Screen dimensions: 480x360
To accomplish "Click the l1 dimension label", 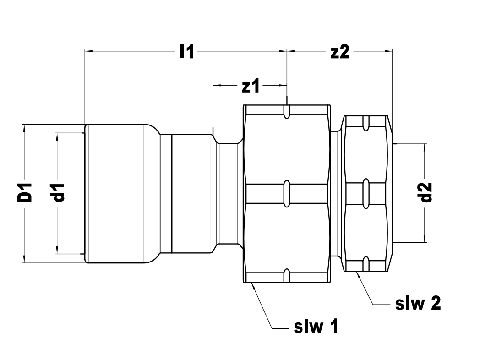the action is point(186,51).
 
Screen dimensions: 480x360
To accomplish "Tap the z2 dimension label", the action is point(340,52).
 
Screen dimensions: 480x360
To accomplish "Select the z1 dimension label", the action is point(251,86).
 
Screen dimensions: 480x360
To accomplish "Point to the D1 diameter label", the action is point(24,192).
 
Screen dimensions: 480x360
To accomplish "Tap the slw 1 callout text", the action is point(316,326).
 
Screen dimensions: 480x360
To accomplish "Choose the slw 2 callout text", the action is point(418,303).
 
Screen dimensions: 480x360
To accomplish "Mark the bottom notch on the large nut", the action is point(287,276).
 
